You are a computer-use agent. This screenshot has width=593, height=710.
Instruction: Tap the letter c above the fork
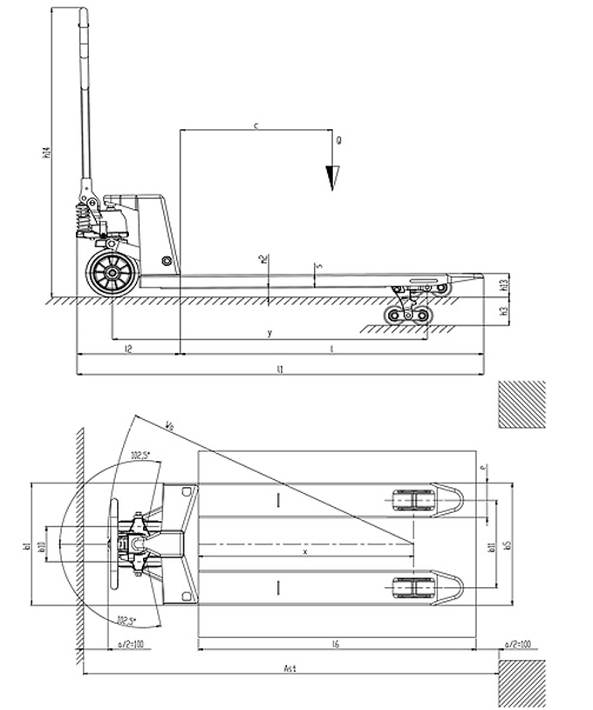coord(256,126)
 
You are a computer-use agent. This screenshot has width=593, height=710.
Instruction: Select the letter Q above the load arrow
coord(337,139)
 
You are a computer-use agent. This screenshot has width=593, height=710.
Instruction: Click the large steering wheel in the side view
coord(111,273)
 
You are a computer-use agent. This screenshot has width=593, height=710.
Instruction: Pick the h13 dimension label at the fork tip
coord(505,283)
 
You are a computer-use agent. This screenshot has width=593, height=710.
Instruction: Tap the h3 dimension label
coord(505,311)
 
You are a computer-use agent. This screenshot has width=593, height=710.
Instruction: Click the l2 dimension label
coord(128,348)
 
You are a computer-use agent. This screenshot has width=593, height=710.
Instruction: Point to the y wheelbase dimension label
coord(269,332)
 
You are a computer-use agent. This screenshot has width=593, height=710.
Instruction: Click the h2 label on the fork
coord(262,259)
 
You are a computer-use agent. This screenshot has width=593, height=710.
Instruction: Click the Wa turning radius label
coord(167,425)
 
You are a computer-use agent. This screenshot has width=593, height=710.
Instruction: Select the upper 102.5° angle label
coord(141,455)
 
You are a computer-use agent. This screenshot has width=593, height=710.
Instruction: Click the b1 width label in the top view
coord(27,546)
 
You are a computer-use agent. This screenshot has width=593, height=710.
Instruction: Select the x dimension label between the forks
coord(304,551)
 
